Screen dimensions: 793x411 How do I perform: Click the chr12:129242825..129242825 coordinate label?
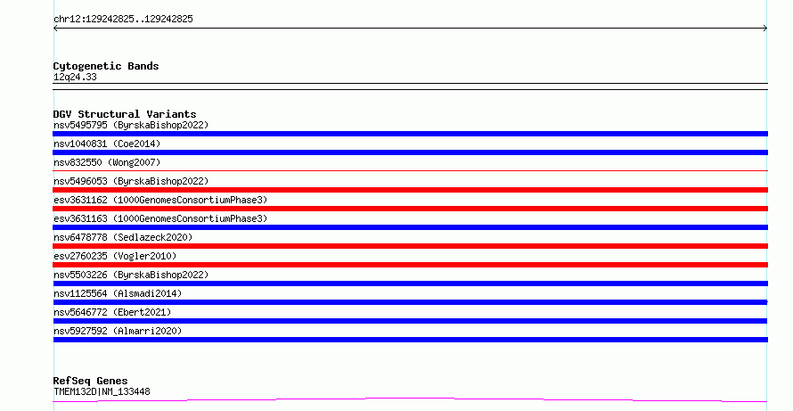click(123, 20)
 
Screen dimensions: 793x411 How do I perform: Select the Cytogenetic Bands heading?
click(106, 66)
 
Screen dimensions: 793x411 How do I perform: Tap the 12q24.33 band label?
click(75, 77)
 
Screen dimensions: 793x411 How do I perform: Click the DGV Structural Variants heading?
click(125, 114)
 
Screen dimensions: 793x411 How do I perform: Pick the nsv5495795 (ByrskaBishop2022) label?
click(131, 125)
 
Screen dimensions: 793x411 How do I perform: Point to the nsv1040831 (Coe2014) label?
click(107, 144)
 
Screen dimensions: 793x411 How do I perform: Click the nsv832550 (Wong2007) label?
click(107, 162)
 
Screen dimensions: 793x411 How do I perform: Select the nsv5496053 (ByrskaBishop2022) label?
click(131, 181)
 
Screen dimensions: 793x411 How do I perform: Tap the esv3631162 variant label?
click(160, 200)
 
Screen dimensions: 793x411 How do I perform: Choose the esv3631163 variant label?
click(160, 218)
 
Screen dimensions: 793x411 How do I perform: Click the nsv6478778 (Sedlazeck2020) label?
click(123, 237)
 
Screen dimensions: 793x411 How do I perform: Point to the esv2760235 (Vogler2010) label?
click(115, 256)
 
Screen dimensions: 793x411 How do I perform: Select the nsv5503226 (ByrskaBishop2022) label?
click(131, 275)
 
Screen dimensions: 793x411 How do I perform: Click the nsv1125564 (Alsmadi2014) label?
click(118, 293)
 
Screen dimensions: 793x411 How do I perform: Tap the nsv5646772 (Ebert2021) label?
click(112, 312)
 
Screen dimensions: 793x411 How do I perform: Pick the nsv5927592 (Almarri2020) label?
click(118, 331)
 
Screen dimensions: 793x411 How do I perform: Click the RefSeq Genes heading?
click(90, 381)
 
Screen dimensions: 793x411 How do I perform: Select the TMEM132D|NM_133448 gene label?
click(102, 391)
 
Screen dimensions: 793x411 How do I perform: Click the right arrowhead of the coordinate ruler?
click(766, 29)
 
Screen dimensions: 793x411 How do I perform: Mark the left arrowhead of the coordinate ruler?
click(54, 29)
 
